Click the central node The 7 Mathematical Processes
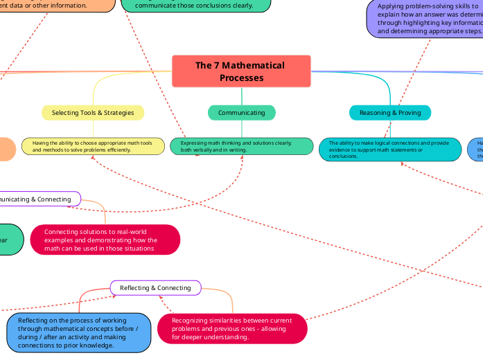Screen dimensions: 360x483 coord(240,71)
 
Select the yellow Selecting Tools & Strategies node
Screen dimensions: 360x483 coord(93,112)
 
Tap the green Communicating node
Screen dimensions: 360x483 coord(241,112)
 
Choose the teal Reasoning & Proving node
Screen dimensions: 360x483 coord(390,112)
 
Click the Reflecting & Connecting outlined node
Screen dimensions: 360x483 coord(155,287)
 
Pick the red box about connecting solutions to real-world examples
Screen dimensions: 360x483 coord(105,240)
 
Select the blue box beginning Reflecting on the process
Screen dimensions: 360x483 coord(78,332)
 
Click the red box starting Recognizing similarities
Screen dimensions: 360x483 coord(232,329)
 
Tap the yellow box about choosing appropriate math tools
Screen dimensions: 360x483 coord(94,146)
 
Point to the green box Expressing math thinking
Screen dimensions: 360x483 coord(241,146)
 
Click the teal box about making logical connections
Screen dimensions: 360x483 coord(390,150)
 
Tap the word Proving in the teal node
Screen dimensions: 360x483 coord(410,112)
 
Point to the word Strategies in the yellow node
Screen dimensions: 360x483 coord(118,112)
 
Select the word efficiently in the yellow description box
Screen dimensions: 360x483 coord(116,150)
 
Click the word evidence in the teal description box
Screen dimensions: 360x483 coord(341,150)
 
